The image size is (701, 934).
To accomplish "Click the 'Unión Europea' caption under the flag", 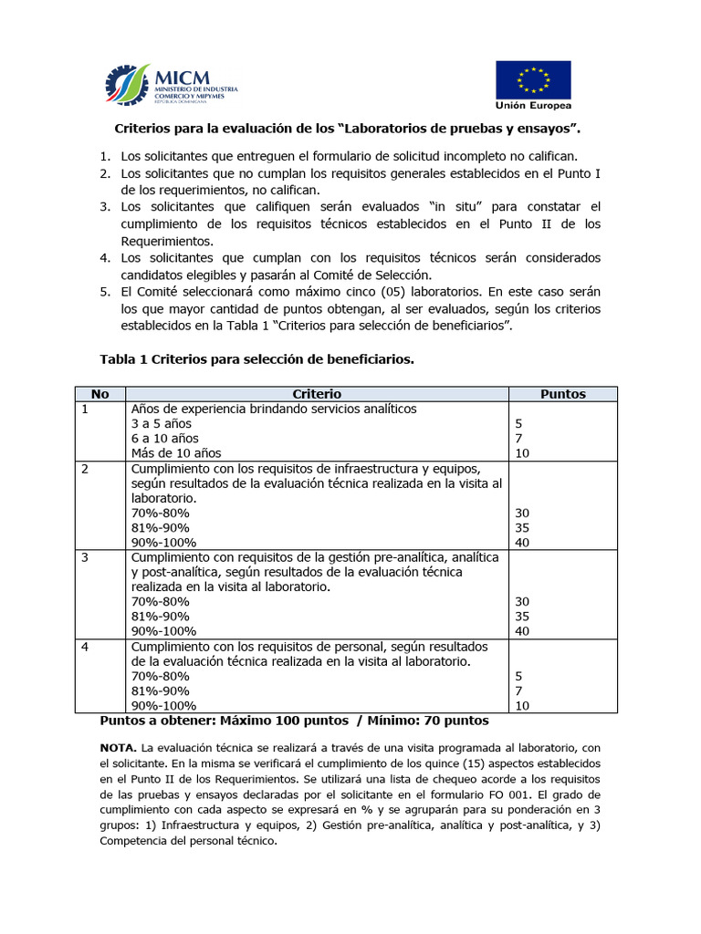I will (x=533, y=104).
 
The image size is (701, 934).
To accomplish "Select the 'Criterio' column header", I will (x=317, y=394).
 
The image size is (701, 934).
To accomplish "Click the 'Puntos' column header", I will (x=562, y=394).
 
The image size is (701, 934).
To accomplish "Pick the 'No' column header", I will (x=100, y=394).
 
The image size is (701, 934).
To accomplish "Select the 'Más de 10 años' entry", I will (x=176, y=452).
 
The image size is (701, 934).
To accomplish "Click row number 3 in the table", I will (x=86, y=556).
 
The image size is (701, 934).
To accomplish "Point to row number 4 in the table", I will (x=86, y=646).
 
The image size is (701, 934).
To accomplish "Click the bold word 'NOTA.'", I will (x=119, y=747).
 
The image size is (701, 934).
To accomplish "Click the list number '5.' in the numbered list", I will (x=105, y=293).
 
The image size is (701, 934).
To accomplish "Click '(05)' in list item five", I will (x=379, y=293).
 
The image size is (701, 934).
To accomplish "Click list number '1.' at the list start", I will (x=105, y=156).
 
